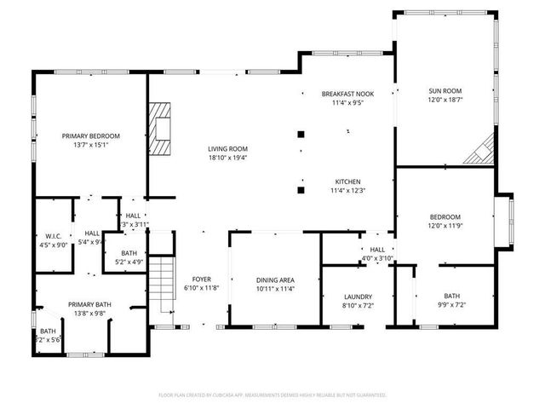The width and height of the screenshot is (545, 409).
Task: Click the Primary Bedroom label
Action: (x=90, y=136)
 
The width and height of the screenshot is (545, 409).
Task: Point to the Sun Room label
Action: (x=445, y=89)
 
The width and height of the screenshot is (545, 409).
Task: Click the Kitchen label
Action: (x=348, y=181)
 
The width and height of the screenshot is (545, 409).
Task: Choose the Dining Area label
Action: (x=275, y=279)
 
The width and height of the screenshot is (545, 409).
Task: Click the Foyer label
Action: (x=202, y=279)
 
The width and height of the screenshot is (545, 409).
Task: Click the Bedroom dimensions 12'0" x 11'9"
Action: (x=445, y=226)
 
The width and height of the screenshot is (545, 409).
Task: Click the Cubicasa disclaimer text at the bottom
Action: (x=272, y=395)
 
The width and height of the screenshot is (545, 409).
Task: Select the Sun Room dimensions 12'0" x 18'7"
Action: (x=445, y=99)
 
